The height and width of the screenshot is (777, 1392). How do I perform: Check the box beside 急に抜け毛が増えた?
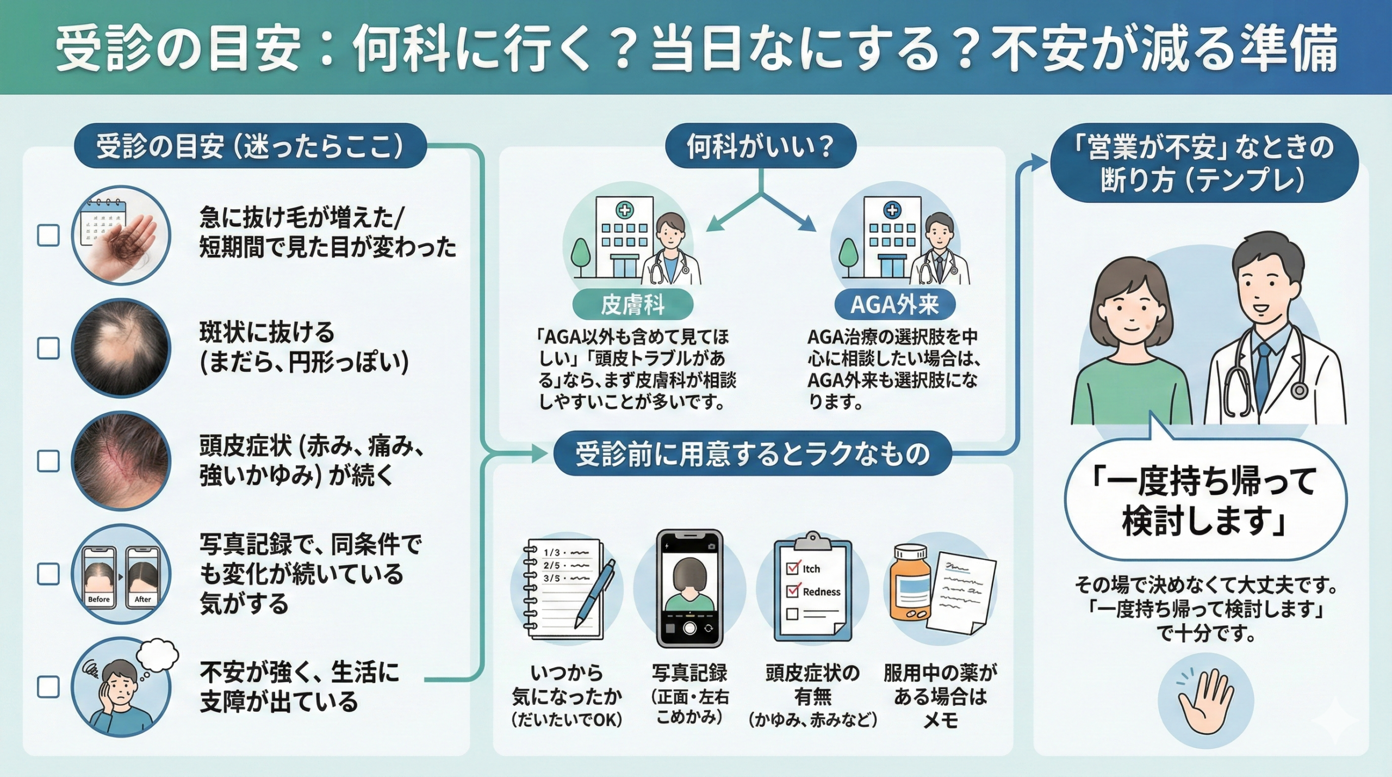point(48,236)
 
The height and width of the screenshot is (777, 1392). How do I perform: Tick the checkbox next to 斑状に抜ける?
point(48,349)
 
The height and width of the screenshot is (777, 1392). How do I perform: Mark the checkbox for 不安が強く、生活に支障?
point(48,687)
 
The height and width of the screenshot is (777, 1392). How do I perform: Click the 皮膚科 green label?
point(632,305)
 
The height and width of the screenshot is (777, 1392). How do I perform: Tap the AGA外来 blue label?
point(894,305)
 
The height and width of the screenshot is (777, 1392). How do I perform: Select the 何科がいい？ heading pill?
point(760,146)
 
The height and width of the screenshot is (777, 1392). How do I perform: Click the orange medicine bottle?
point(910,586)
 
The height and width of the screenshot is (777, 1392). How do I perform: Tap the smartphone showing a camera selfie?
point(689,589)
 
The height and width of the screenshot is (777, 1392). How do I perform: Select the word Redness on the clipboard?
point(821,592)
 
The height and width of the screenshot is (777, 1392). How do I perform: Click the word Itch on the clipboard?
point(811,569)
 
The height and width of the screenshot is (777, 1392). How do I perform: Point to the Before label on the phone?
point(98,599)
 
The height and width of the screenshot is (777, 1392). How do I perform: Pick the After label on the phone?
point(142,599)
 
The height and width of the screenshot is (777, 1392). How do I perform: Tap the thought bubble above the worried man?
point(158,655)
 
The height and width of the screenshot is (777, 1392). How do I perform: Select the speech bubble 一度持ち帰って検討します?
point(1205,500)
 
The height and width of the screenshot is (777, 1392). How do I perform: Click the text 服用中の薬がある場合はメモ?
point(940,697)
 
